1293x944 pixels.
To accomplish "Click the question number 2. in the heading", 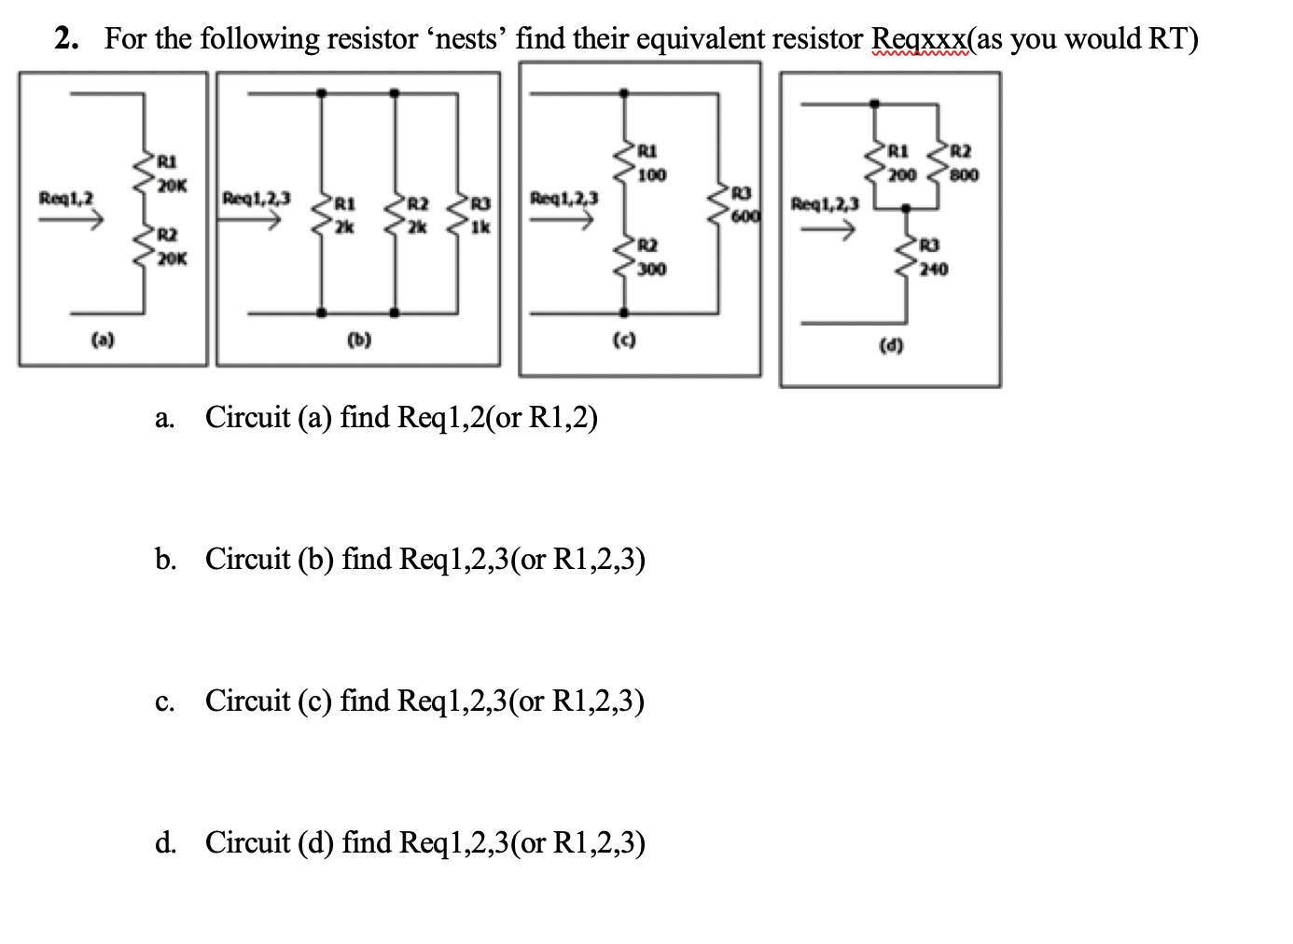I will tap(66, 39).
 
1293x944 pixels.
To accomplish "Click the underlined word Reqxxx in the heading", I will tap(918, 39).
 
